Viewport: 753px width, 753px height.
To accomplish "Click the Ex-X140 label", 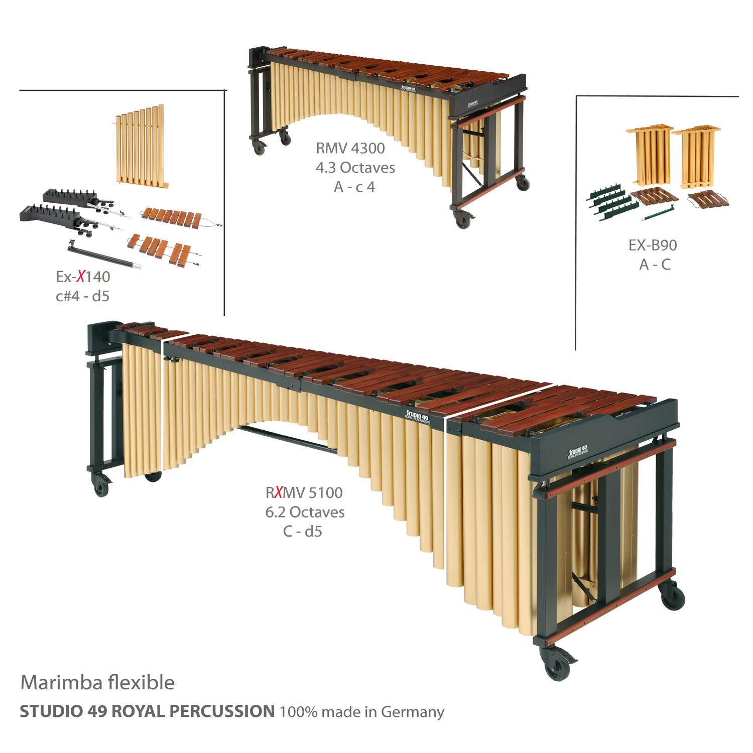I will pos(83,277).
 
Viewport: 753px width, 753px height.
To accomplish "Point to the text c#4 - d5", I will pos(83,295).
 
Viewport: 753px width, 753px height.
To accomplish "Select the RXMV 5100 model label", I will pos(305,492).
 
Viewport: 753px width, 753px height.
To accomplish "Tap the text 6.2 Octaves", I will pos(305,512).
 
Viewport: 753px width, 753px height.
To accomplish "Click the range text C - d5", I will pos(303,530).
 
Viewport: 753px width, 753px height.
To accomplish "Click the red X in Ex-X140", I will pos(80,277).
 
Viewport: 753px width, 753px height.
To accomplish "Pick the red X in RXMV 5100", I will pos(276,492).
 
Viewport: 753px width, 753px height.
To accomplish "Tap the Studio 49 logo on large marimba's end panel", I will pos(578,451).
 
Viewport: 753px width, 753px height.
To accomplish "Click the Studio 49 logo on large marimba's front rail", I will pos(418,416).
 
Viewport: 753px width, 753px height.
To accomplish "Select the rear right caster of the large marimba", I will pos(673,597).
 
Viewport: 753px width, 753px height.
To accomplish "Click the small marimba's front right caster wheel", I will pos(463,219).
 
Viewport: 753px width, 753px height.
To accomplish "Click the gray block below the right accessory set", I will pos(654,255).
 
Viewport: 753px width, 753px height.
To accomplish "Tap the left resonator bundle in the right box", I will pos(650,156).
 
